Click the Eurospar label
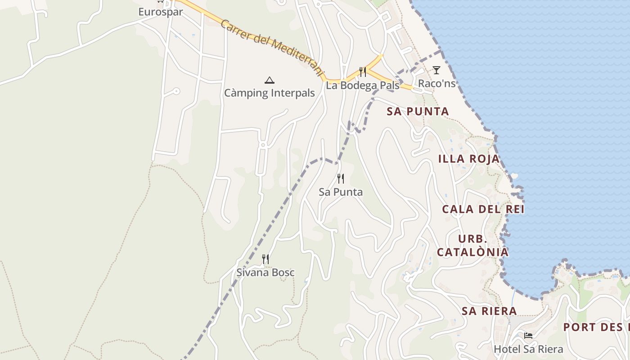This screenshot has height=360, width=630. tap(161, 12)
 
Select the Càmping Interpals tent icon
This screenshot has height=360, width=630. tap(270, 81)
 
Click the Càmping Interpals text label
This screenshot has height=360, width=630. tap(270, 93)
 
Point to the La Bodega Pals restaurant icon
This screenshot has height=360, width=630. tap(362, 72)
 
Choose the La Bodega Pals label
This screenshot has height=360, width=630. tap(362, 85)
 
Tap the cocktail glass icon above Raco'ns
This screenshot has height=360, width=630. tap(436, 70)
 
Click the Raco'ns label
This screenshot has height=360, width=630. tap(436, 84)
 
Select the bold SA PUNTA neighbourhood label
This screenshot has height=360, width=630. tap(418, 112)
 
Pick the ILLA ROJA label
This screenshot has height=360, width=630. tap(469, 159)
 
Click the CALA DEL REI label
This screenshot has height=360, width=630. tap(483, 209)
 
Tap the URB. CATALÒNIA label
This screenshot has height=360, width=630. tap(472, 245)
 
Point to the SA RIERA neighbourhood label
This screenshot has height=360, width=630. tap(489, 311)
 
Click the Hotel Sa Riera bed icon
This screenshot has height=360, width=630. tap(528, 336)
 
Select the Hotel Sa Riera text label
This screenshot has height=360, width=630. tap(528, 349)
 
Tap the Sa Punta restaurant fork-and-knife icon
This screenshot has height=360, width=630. tap(341, 179)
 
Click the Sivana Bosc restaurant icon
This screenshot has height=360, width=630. tap(265, 259)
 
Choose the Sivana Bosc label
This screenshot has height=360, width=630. tap(265, 272)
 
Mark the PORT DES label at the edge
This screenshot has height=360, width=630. tap(596, 327)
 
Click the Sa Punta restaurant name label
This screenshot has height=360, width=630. tap(341, 192)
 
